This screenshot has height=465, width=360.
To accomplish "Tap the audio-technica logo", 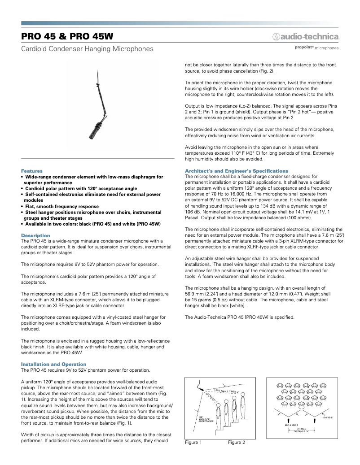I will (x=305, y=36).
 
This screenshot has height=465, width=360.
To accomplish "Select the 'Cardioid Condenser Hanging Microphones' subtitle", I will (x=87, y=48).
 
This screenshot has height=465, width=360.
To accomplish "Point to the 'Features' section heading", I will (x=32, y=171).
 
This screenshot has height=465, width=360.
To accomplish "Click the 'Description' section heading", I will (x=36, y=235).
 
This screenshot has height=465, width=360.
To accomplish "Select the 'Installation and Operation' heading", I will (x=54, y=364).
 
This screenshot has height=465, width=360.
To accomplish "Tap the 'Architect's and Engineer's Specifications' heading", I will (x=237, y=171).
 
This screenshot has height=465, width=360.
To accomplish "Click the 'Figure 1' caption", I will (x=193, y=443).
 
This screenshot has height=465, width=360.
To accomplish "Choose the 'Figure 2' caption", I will (x=236, y=443).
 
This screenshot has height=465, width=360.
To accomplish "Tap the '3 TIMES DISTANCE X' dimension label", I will (x=301, y=430).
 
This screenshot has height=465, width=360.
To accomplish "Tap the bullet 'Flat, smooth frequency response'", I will (x=62, y=206).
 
